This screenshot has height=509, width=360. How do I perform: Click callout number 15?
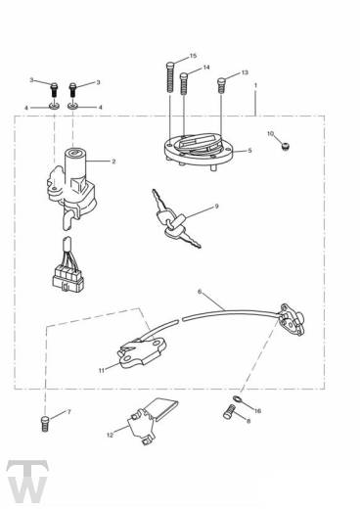click(193, 56)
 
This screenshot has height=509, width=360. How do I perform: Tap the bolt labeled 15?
click(170, 77)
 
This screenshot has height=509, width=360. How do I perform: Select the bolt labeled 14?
click(184, 84)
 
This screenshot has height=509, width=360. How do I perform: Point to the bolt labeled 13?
click(221, 85)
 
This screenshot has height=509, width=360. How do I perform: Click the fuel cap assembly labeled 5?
click(200, 151)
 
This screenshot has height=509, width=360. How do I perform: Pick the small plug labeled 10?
click(286, 147)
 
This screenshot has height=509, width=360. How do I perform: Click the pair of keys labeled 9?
click(176, 218)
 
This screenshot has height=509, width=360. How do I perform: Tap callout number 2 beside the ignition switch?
click(113, 162)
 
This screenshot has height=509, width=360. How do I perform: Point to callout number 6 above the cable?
click(200, 292)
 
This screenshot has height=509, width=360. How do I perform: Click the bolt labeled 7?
click(45, 424)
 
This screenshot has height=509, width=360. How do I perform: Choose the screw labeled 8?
click(229, 411)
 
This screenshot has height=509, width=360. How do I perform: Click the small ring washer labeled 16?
click(237, 398)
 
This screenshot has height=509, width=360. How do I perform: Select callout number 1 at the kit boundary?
click(255, 85)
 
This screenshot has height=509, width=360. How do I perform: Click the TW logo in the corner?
click(27, 482)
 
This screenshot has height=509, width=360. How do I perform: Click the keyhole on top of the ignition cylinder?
click(74, 152)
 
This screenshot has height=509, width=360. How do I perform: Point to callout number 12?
click(111, 435)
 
